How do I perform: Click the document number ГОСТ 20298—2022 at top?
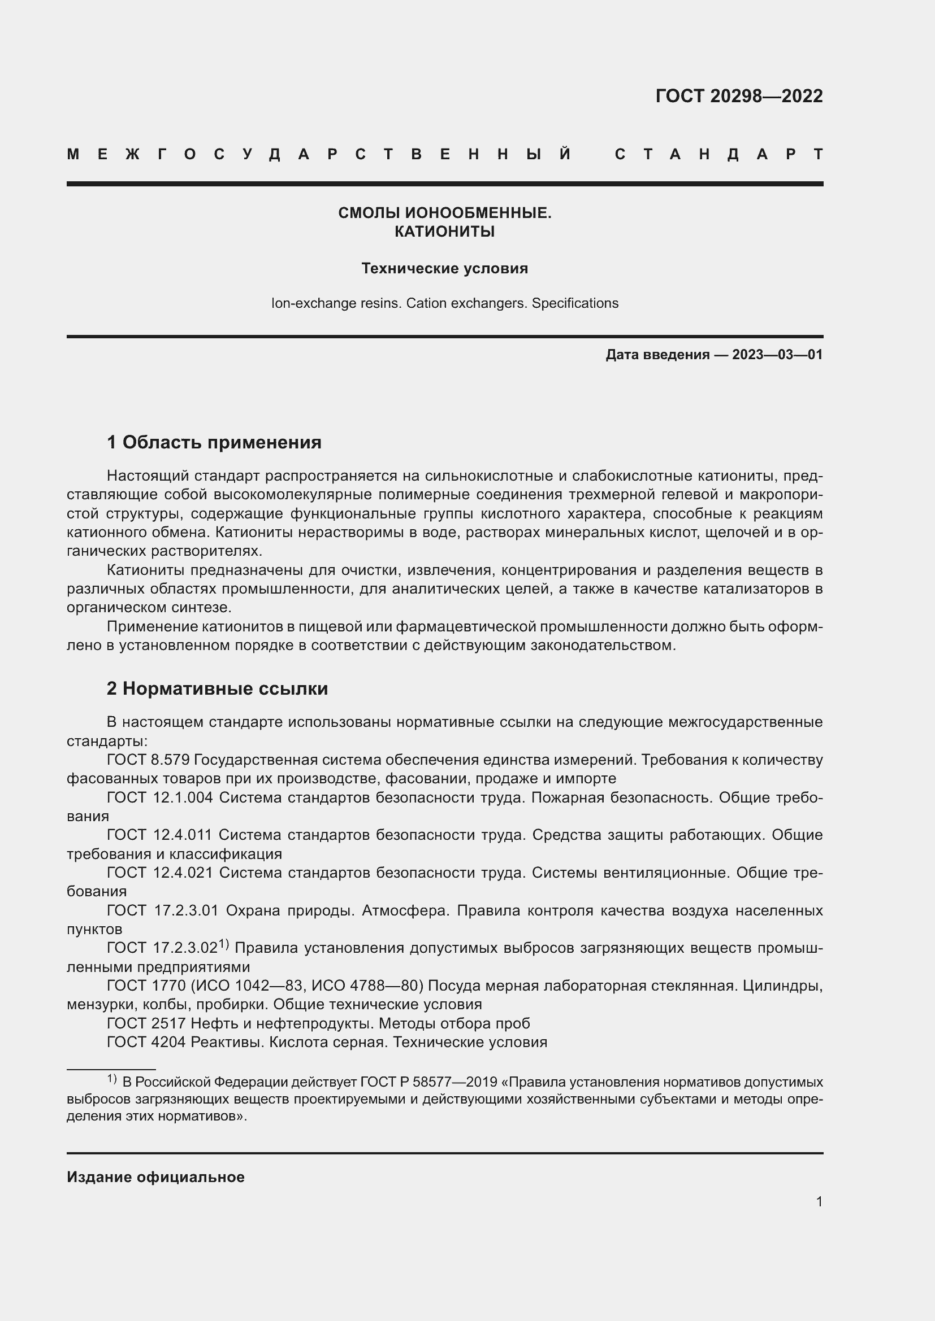pos(739,95)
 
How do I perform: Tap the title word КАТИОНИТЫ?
pos(444,232)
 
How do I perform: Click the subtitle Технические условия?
pos(444,268)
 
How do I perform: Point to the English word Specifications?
pos(574,303)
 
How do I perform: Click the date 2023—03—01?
pos(777,355)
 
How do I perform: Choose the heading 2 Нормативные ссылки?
pos(217,688)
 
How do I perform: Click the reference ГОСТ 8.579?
pos(148,760)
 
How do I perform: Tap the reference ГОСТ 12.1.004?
pos(159,797)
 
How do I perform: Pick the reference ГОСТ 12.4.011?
pos(159,835)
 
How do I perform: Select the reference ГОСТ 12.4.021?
pos(159,873)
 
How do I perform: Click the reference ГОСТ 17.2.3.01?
pos(162,910)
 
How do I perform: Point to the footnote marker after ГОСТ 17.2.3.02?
pos(224,944)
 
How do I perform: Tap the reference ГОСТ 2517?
pos(146,1023)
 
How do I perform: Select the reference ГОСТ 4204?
pos(146,1042)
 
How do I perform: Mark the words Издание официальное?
pos(155,1177)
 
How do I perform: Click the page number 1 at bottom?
pos(819,1201)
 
